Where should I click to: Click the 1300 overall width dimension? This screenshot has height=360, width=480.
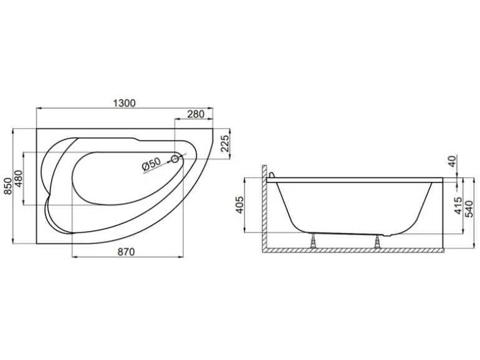coord(125,103)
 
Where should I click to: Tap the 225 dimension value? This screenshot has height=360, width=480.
coord(225,143)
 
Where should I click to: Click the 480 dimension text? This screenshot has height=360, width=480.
coord(19,179)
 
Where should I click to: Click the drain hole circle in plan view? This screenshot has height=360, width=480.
coord(176,160)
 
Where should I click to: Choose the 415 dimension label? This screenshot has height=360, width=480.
coord(458,206)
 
